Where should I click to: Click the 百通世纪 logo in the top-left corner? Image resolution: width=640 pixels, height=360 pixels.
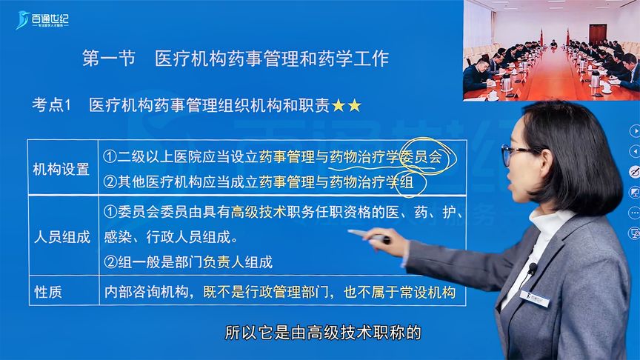[x=42, y=20]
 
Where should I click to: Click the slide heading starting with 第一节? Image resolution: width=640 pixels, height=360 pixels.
[x=235, y=59]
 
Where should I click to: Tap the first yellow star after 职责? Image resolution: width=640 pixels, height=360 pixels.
[x=339, y=106]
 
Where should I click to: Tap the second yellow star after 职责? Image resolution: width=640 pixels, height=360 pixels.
[x=354, y=106]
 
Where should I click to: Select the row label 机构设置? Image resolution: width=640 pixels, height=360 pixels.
[x=61, y=169]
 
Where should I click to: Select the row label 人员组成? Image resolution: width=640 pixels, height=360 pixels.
[x=61, y=237]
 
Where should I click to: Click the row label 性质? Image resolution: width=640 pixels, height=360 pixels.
[x=48, y=292]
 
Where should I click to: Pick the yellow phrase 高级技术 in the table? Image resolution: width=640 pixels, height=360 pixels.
[x=259, y=213]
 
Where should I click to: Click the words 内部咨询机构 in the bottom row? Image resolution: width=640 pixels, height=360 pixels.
[x=146, y=292]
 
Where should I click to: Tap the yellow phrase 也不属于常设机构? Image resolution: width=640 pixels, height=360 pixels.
[x=399, y=292]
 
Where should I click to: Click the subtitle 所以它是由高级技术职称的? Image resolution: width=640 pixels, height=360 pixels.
[x=323, y=333]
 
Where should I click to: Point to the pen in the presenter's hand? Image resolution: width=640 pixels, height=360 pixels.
[x=370, y=236]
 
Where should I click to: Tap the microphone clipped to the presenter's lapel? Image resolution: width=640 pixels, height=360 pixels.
[x=533, y=268]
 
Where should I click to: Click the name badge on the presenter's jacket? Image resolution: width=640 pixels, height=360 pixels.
[x=535, y=299]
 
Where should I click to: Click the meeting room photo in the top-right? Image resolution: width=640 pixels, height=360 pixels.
[x=551, y=50]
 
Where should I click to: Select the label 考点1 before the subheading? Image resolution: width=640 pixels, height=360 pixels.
[x=51, y=105]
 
